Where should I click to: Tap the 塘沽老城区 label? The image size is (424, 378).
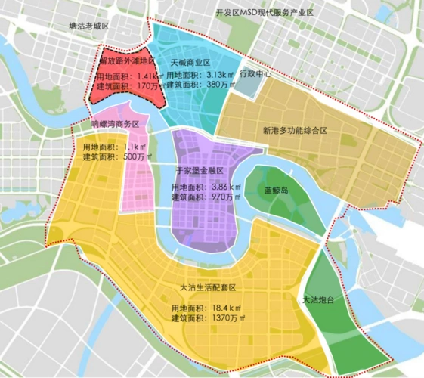pos(88,26)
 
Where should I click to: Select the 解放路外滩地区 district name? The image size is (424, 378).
pos(126,60)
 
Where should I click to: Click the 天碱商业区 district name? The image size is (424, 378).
pos(190,60)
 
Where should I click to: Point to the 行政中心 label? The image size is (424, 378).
pos(255,76)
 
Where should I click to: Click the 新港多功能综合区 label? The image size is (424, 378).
pos(295,130)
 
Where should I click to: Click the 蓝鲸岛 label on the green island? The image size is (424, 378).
pos(277,191)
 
